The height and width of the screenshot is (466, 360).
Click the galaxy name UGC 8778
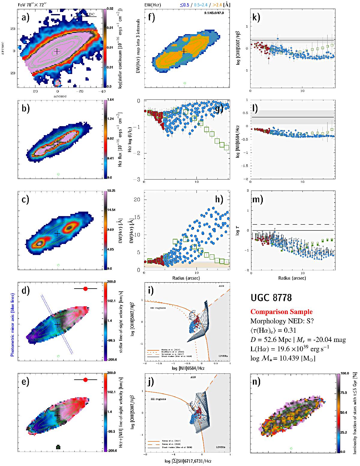click(271, 298)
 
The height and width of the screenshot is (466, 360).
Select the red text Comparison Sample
click(281, 312)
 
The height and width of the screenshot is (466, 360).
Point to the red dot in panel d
click(85, 289)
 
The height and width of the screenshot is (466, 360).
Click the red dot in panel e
click(85, 380)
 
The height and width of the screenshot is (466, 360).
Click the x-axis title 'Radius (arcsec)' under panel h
click(187, 278)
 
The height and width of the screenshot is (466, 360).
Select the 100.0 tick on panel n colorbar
click(343, 374)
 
